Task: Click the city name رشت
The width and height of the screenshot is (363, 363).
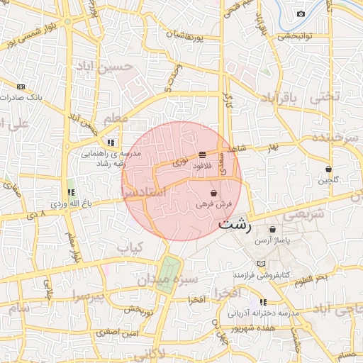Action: [235, 226]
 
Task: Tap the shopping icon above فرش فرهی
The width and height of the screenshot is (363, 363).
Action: [213, 192]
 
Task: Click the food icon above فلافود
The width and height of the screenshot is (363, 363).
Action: [203, 154]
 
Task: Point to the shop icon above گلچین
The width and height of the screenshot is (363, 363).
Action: [328, 169]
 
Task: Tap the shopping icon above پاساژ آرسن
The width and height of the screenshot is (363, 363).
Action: [273, 229]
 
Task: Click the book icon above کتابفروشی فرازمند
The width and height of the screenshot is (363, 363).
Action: [262, 263]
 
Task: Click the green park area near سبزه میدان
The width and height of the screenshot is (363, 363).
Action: [167, 273]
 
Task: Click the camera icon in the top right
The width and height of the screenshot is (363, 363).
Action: [301, 14]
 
